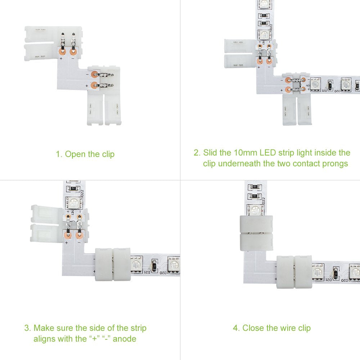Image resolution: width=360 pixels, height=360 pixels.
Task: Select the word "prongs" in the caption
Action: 335,164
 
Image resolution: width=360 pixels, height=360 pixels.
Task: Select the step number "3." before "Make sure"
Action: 28,328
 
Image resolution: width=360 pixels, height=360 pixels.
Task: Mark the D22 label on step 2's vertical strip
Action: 271,28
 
